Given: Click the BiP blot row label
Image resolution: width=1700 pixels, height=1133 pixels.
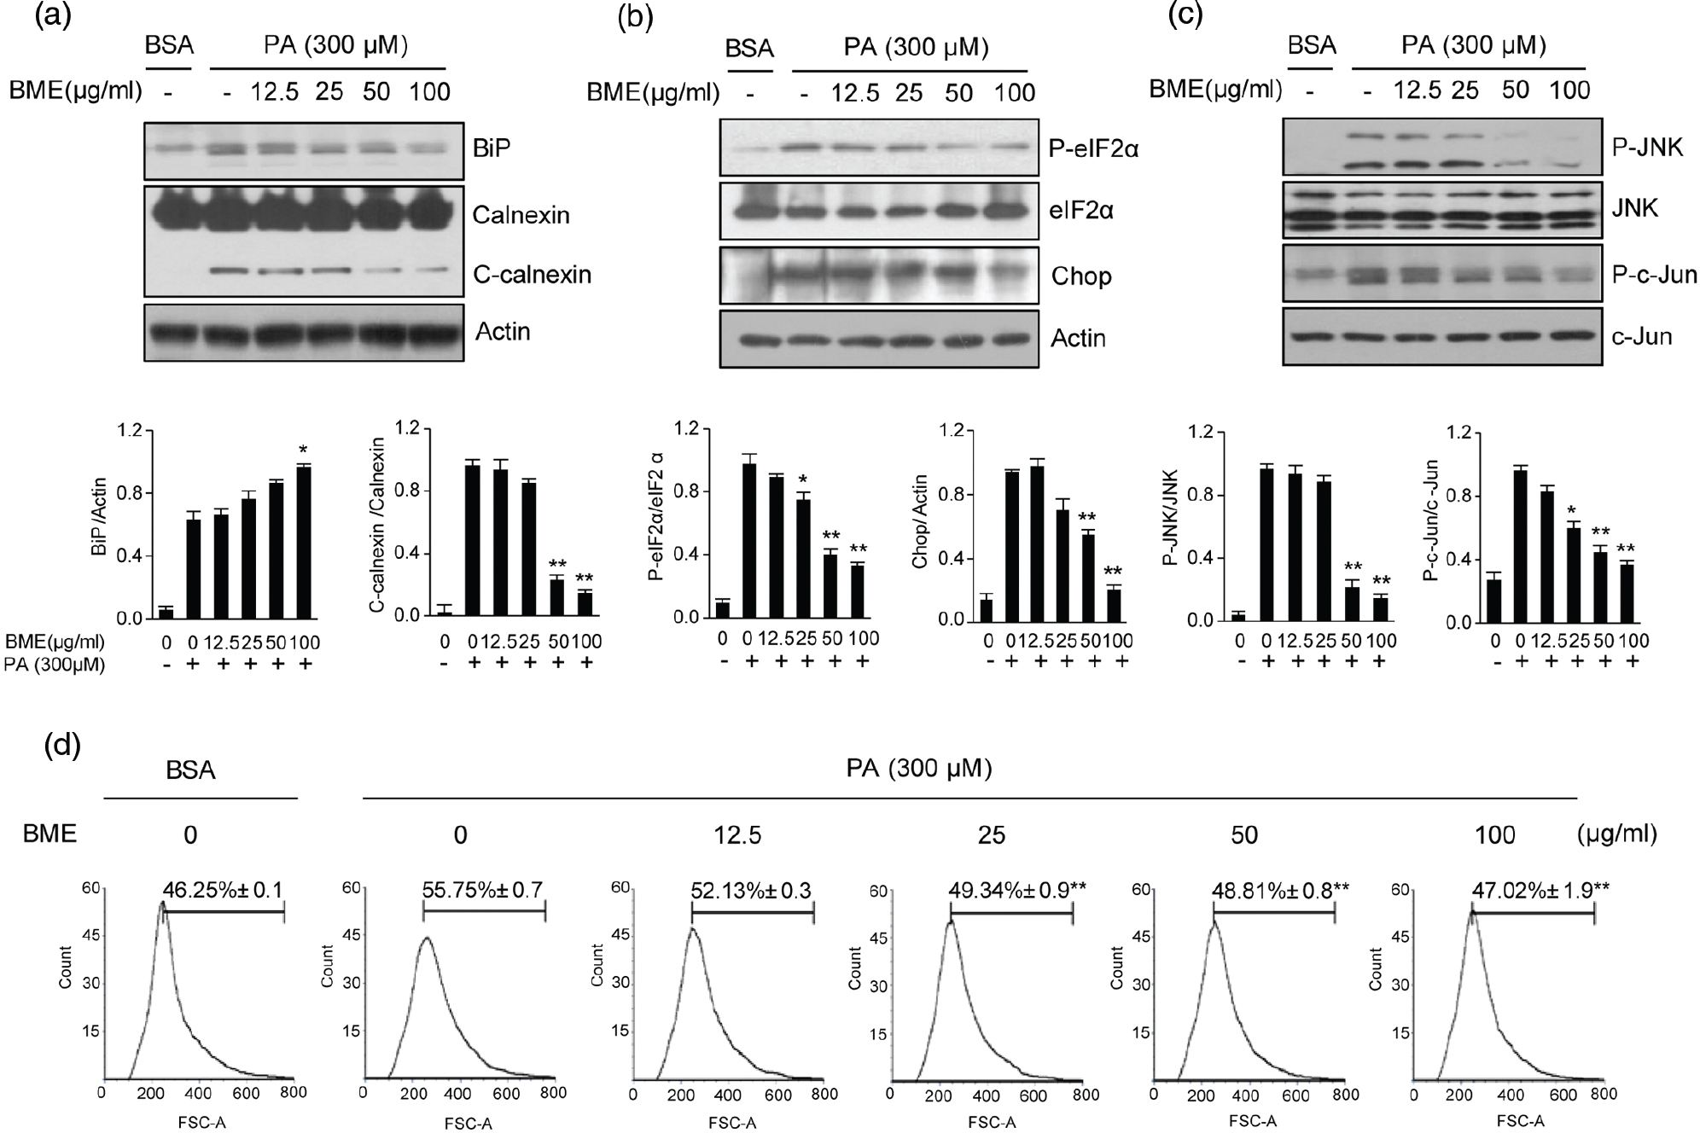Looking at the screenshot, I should (x=492, y=148).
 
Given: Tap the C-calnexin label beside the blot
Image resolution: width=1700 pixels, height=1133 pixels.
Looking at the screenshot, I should (x=532, y=274).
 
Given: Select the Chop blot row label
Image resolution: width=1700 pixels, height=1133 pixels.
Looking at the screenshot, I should (x=1081, y=276).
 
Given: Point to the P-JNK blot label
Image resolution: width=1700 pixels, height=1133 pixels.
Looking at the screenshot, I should (x=1648, y=148).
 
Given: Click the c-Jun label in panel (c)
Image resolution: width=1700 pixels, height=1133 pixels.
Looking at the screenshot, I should (x=1640, y=336).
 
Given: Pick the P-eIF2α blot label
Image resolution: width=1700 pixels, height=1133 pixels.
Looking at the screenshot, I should (x=1094, y=149).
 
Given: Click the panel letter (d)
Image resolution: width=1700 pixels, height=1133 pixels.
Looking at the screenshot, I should (x=62, y=745).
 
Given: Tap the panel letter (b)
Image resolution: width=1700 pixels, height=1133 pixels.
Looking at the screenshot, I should (x=636, y=18).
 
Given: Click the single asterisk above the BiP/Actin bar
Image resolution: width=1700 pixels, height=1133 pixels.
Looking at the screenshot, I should (x=304, y=451).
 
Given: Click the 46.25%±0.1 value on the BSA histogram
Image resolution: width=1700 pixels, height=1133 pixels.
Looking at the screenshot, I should (x=222, y=890).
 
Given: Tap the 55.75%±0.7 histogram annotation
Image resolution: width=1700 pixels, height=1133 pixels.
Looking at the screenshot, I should (x=483, y=890).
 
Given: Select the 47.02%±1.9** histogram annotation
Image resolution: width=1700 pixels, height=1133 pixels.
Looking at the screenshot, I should (x=1540, y=891).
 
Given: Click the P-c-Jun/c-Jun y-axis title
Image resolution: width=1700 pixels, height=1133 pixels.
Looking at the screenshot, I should (x=1431, y=522).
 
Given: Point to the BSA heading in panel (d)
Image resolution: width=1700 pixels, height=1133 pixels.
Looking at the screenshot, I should (x=190, y=770).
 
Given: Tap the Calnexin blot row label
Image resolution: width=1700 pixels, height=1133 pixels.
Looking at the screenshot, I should (x=521, y=214).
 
